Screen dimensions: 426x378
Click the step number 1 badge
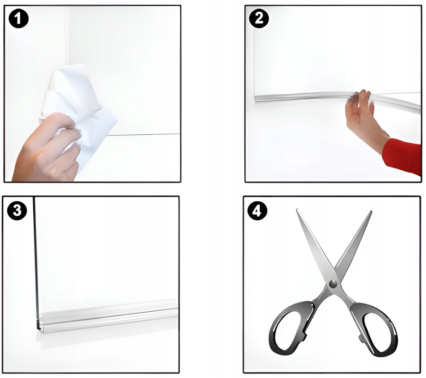pos(18,18)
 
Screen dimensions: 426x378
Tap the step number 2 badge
pos(259,18)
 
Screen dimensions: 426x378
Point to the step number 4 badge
pos(257,210)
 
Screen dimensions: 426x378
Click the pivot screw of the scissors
pos(333,284)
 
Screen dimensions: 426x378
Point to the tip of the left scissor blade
pos(297,209)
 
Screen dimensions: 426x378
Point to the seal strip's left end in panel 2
pos(255,98)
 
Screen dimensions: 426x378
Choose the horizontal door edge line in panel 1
pos(144,134)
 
